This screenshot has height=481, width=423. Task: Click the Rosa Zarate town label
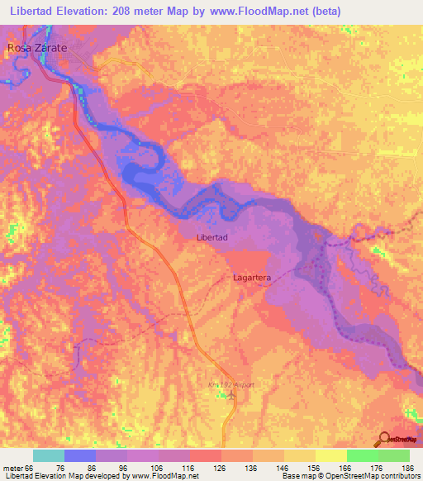[36, 49]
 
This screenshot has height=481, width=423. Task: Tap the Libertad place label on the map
[211, 237]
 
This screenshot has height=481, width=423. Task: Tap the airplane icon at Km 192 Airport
[232, 395]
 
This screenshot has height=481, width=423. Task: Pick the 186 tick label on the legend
[407, 467]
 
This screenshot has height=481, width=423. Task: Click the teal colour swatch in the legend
[49, 455]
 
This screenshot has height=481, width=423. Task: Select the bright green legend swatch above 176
[362, 455]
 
